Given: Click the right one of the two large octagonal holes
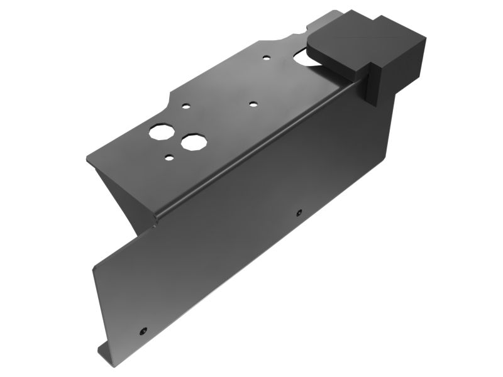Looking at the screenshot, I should (x=193, y=141).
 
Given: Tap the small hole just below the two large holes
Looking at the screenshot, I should (x=169, y=157).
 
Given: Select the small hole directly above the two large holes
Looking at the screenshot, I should (x=186, y=107).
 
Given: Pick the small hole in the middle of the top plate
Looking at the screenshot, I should (x=253, y=104).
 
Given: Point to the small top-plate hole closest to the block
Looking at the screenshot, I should (x=267, y=58).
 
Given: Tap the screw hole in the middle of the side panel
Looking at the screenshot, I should (x=299, y=211).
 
